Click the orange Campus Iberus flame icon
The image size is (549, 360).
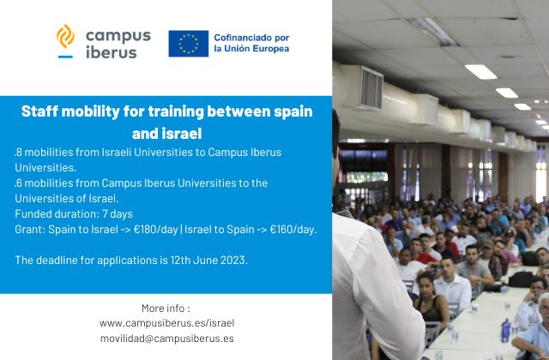coord(65,36)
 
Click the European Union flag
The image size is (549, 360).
coord(189,44)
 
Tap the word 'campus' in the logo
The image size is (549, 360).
coord(118,37)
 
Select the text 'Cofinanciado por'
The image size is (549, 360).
coord(251,38)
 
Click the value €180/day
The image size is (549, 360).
coord(156,230)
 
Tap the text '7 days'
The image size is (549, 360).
coord(118,213)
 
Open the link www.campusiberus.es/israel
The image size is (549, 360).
coord(166,323)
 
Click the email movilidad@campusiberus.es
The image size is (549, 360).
coord(167,339)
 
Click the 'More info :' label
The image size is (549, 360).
coord(166,309)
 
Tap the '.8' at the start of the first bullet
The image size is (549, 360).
coord(18,153)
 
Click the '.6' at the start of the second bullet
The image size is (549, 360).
coord(18,183)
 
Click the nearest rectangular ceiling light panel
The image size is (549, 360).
coord(480,72)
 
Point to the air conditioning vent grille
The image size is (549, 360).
coord(371,87)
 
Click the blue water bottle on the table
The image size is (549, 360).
coord(505,331)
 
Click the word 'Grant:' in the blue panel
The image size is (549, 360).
coord(30,230)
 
